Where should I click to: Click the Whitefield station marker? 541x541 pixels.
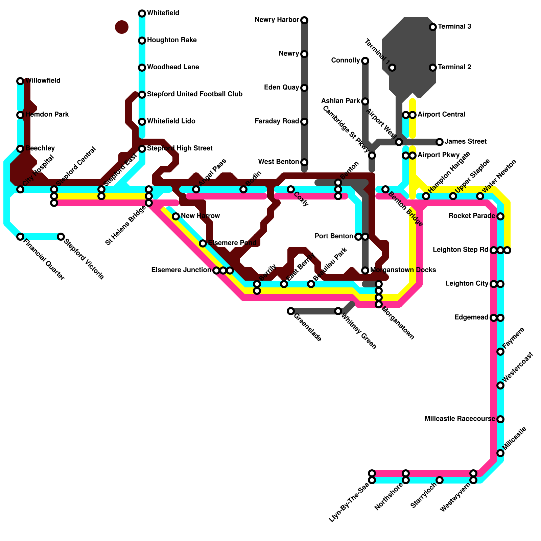tap(142, 14)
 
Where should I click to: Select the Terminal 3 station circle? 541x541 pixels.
tap(433, 27)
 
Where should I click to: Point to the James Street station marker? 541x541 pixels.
tap(440, 142)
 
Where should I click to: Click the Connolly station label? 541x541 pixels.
tap(345, 61)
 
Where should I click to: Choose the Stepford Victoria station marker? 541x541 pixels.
tap(61, 237)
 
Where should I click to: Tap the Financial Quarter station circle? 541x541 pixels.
tap(20, 237)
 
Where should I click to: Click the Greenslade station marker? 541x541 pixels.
tap(291, 311)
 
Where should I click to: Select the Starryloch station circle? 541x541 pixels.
tap(440, 480)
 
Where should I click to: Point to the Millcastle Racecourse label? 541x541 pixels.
tap(460, 419)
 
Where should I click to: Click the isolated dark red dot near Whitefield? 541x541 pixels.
tap(122, 27)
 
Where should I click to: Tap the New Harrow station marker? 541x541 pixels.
tap(176, 216)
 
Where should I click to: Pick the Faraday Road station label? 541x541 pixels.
tap(277, 121)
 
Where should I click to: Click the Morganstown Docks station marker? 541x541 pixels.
tap(365, 270)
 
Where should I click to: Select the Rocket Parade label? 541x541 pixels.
tap(472, 216)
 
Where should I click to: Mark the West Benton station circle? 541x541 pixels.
tap(304, 162)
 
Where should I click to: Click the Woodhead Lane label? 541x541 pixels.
tap(173, 67)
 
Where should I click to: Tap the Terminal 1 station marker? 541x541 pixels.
tap(392, 68)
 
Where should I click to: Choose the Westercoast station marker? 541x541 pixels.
tap(500, 385)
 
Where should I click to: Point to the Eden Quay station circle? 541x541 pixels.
tap(304, 88)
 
